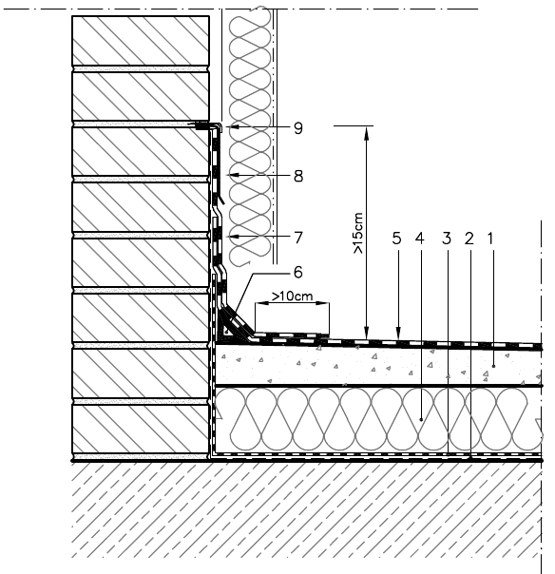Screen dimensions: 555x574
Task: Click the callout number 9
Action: click(x=298, y=128)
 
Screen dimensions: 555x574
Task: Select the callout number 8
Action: click(x=298, y=176)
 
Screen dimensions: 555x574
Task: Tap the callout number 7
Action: click(x=298, y=238)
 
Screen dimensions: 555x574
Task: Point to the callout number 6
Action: click(x=298, y=272)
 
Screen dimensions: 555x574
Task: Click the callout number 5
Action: click(x=396, y=239)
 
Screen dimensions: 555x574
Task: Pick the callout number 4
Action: click(x=420, y=239)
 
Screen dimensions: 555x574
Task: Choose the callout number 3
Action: click(x=447, y=239)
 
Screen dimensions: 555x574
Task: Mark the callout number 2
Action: click(x=469, y=239)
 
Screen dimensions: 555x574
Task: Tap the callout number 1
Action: click(x=490, y=239)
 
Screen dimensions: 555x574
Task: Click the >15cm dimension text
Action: click(x=358, y=233)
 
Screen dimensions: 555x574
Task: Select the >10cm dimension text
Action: click(x=292, y=296)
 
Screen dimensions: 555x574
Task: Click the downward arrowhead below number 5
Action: click(x=399, y=333)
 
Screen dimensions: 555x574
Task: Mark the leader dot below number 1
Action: click(x=493, y=366)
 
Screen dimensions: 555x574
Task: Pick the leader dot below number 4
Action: click(x=421, y=419)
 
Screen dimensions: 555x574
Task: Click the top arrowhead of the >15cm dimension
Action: click(x=367, y=133)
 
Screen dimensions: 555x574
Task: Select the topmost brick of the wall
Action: click(x=141, y=41)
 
